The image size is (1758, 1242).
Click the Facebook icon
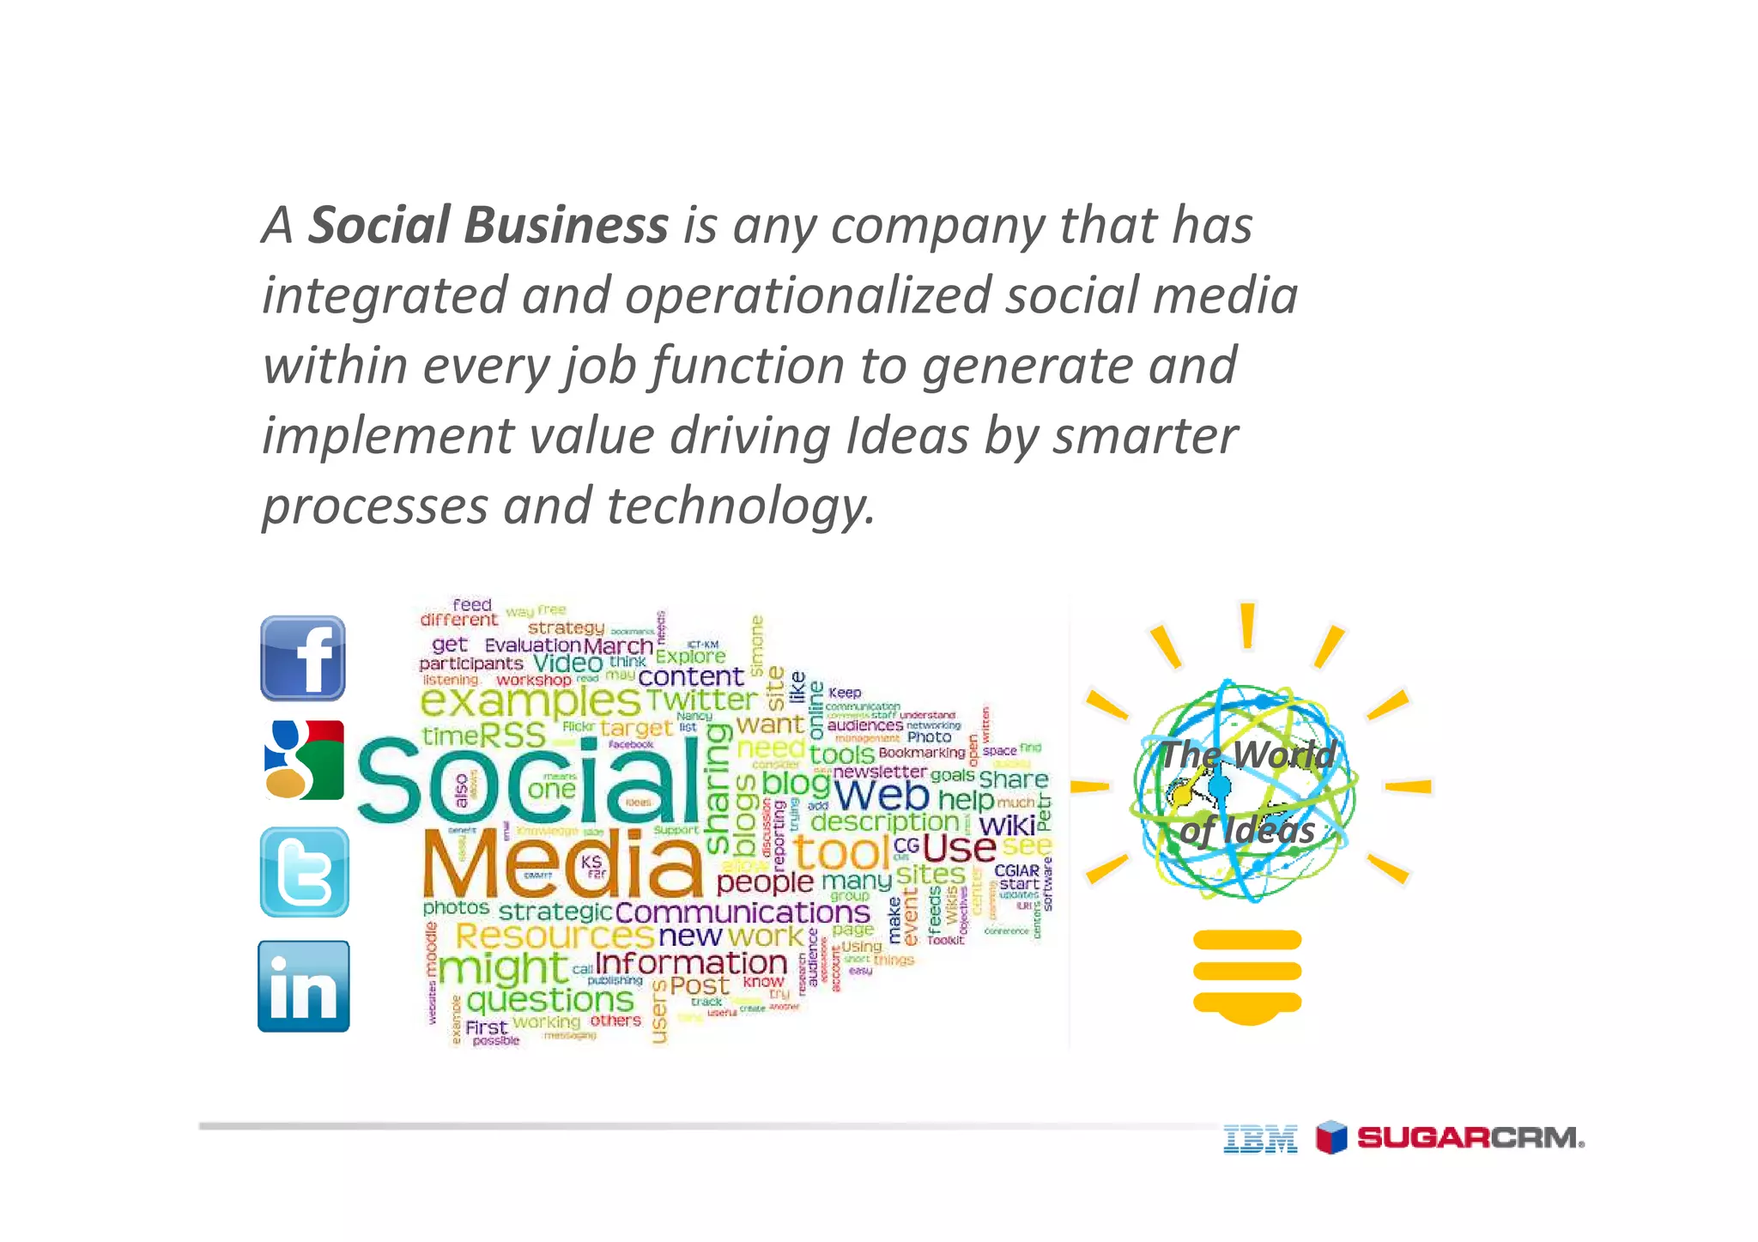[x=302, y=658]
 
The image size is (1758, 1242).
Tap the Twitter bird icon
[x=304, y=872]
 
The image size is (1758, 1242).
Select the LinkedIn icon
[x=304, y=986]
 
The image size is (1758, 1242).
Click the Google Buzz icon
[x=304, y=760]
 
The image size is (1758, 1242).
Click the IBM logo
[x=1260, y=1138]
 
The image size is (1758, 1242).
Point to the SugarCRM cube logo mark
[x=1331, y=1137]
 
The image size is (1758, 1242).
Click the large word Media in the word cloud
[x=562, y=863]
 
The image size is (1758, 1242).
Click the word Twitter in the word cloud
[x=701, y=700]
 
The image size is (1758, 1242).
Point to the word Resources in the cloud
[x=554, y=936]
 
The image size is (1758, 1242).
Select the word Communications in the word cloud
[x=743, y=912]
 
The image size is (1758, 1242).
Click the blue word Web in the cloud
[x=881, y=795]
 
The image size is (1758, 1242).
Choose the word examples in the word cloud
[x=530, y=702]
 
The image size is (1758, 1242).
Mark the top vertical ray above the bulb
[x=1247, y=625]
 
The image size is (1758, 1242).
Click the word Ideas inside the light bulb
[x=1268, y=831]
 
